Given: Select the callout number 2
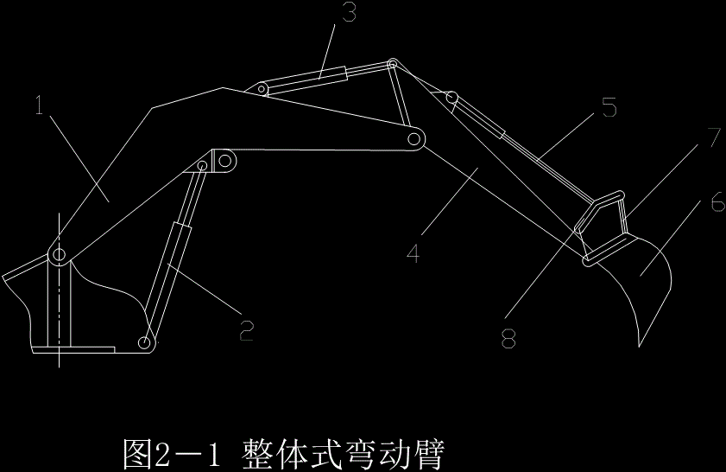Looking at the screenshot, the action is [x=246, y=329].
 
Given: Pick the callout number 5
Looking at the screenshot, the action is [x=609, y=109].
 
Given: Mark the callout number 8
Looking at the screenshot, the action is [x=508, y=338].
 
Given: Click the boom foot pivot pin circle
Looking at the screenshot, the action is [x=59, y=255].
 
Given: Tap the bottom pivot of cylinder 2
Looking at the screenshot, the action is [x=146, y=345].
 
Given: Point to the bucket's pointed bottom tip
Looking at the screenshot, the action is [x=639, y=345].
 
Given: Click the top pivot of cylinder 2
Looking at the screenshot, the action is [x=205, y=164].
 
